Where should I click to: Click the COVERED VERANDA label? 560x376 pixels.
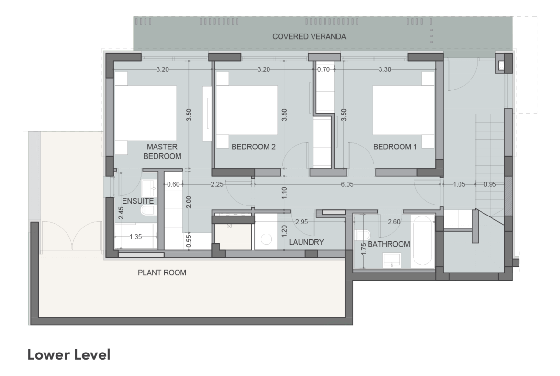309,36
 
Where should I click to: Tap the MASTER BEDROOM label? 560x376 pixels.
163,151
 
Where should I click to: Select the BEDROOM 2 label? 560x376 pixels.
254,147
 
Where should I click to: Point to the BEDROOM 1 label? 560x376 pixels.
395,147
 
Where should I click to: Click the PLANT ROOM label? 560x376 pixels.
162,273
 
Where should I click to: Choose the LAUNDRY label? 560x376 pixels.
306,242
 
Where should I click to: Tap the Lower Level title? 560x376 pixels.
69,354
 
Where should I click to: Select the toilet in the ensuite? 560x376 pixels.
148,210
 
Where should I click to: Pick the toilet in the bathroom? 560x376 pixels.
362,235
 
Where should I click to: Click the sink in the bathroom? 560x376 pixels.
392,260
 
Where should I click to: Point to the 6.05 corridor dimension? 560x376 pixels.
347,184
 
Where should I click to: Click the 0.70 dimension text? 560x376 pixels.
324,69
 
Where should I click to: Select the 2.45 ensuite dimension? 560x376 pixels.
121,213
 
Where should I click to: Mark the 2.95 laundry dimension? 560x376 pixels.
302,222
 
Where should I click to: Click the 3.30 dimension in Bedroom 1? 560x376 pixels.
385,69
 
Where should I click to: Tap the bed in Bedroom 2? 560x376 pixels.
247,110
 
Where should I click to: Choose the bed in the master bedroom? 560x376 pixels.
146,113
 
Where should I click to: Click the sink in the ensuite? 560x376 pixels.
149,187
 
